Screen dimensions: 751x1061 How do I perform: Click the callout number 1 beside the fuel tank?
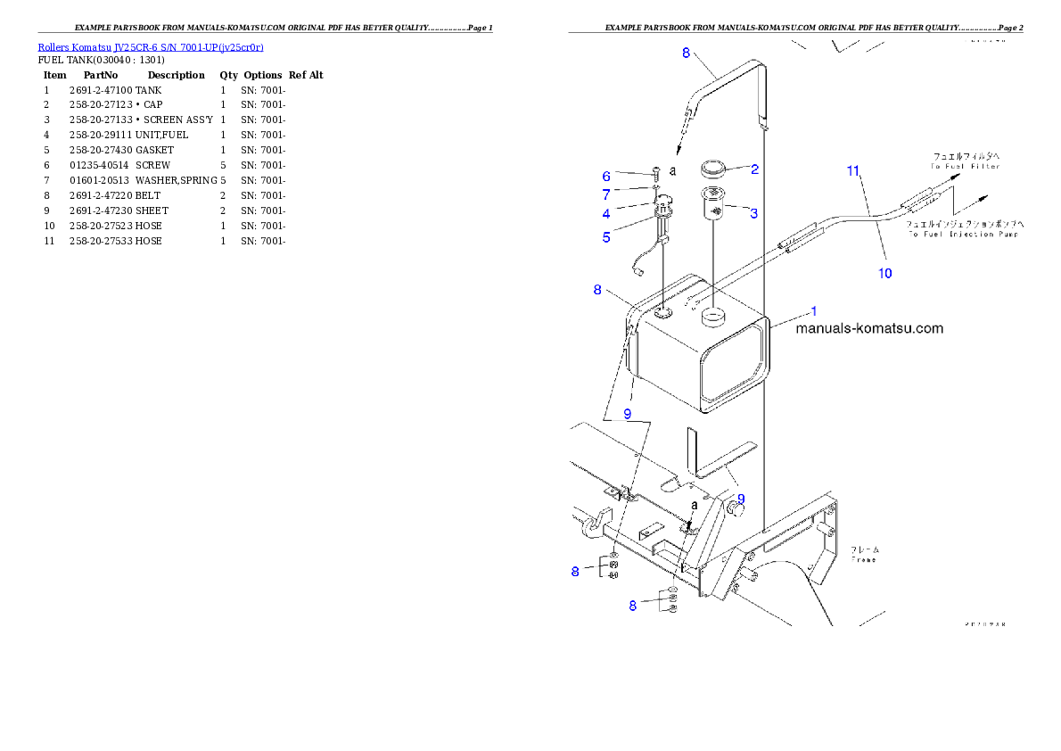(x=813, y=311)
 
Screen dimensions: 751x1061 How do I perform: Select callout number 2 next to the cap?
(x=754, y=169)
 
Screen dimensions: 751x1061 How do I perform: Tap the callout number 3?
(x=754, y=213)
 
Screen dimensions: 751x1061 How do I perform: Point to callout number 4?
(x=606, y=213)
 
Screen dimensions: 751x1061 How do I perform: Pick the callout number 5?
(x=606, y=236)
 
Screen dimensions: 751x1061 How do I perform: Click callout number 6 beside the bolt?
(x=606, y=176)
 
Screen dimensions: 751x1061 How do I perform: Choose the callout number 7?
(x=606, y=194)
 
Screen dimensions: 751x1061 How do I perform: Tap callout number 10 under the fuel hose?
(x=884, y=273)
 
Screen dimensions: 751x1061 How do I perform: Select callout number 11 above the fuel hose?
(x=853, y=169)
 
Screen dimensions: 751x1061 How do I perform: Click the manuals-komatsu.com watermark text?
(x=868, y=328)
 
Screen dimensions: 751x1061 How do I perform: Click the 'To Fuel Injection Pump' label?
(x=964, y=235)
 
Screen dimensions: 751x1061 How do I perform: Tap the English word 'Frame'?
(x=862, y=559)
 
